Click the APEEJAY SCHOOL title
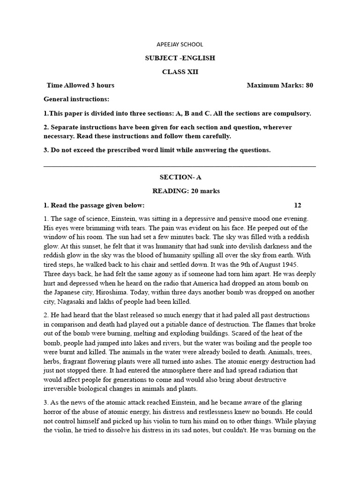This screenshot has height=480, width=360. tap(180, 45)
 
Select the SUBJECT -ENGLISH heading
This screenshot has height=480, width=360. tap(180, 58)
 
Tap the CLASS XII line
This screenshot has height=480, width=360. tap(180, 72)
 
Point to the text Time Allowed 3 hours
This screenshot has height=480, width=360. tap(81, 85)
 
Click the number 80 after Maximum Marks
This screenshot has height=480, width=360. tap(309, 85)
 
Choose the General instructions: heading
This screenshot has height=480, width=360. tap(76, 99)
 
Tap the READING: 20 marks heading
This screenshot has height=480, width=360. tap(180, 191)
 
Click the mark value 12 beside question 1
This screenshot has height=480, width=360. tap(298, 205)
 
